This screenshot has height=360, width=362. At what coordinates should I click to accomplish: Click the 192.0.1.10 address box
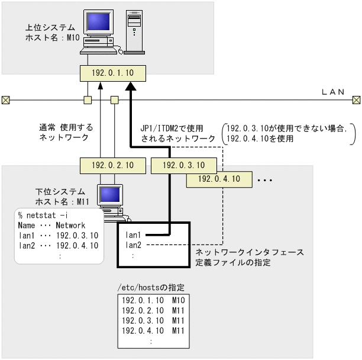[x=112, y=73]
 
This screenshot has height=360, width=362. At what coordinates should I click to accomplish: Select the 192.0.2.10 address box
[x=112, y=165]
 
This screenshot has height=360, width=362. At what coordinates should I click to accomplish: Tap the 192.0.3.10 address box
[x=183, y=165]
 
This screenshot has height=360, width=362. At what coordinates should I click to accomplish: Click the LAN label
[x=332, y=92]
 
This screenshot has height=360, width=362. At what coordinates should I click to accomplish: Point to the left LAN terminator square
[x=6, y=99]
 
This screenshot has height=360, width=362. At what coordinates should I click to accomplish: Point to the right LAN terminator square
[x=355, y=99]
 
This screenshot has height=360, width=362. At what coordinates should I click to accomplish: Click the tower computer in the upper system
[x=133, y=31]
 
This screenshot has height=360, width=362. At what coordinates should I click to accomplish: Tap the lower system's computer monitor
[x=109, y=197]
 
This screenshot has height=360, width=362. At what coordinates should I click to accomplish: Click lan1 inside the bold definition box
[x=134, y=235]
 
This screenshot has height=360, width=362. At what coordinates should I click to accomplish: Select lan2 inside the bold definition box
[x=134, y=245]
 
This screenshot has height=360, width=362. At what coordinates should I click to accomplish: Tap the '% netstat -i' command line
[x=40, y=216]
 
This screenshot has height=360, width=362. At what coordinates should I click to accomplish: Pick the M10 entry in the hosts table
[x=179, y=300]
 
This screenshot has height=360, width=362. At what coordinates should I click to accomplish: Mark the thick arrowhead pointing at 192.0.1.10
[x=131, y=86]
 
